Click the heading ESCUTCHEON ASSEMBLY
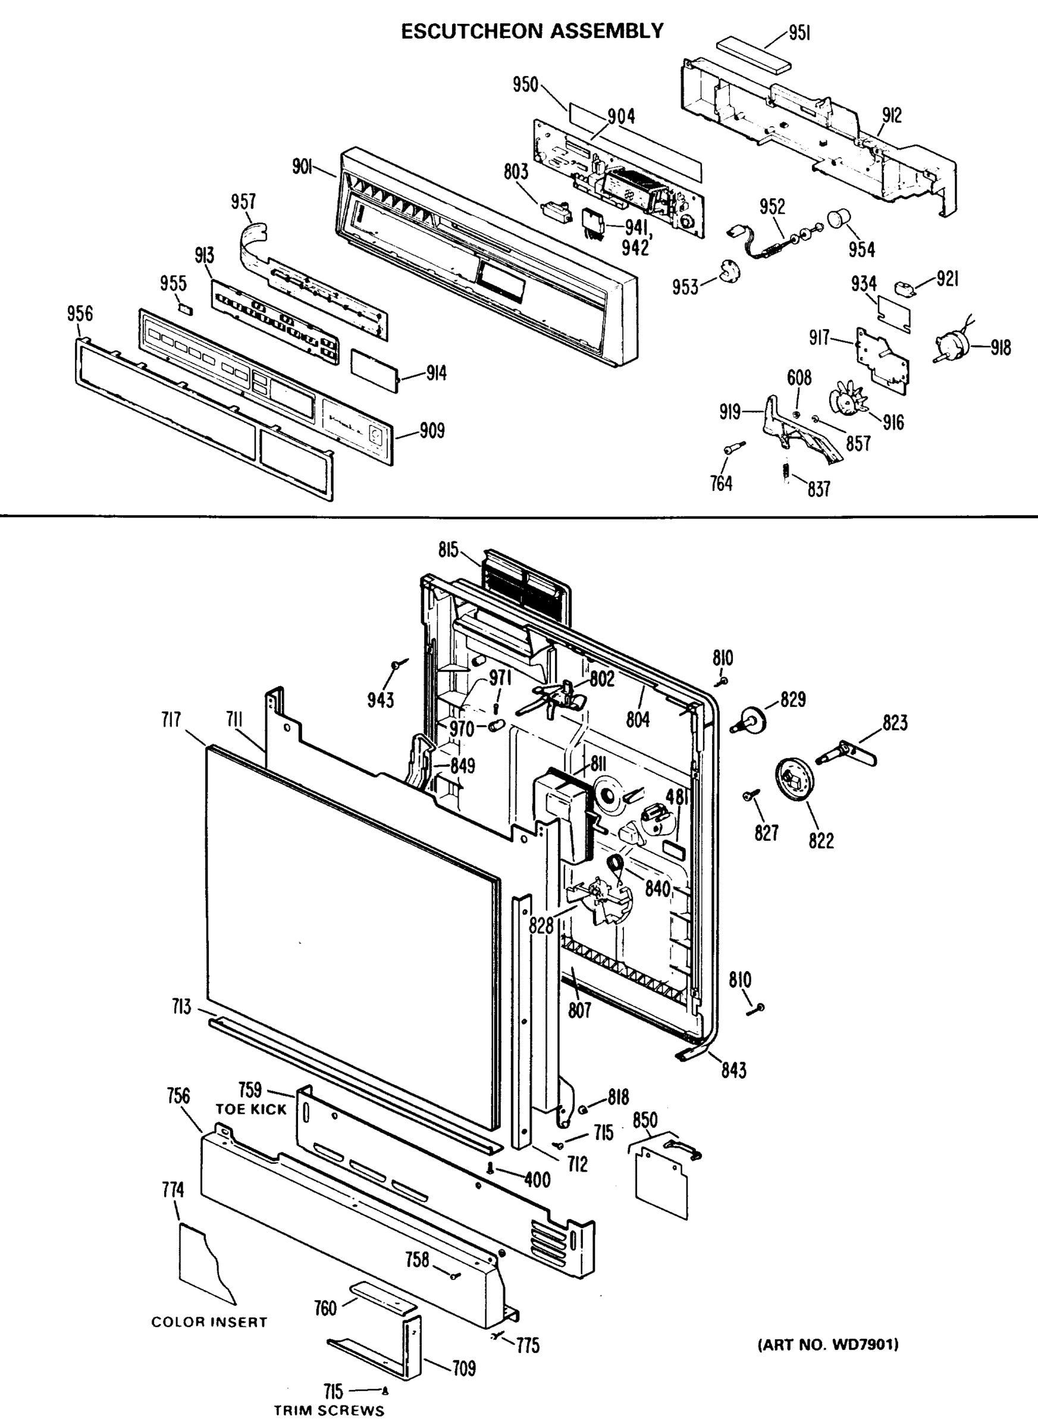pyautogui.click(x=532, y=31)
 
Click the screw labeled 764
pyautogui.click(x=733, y=447)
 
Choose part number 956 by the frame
pyautogui.click(x=79, y=314)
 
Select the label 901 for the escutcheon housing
pyautogui.click(x=303, y=167)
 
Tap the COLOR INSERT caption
pyautogui.click(x=209, y=1322)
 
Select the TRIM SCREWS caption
pyautogui.click(x=328, y=1410)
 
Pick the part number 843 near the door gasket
pyautogui.click(x=733, y=1069)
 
